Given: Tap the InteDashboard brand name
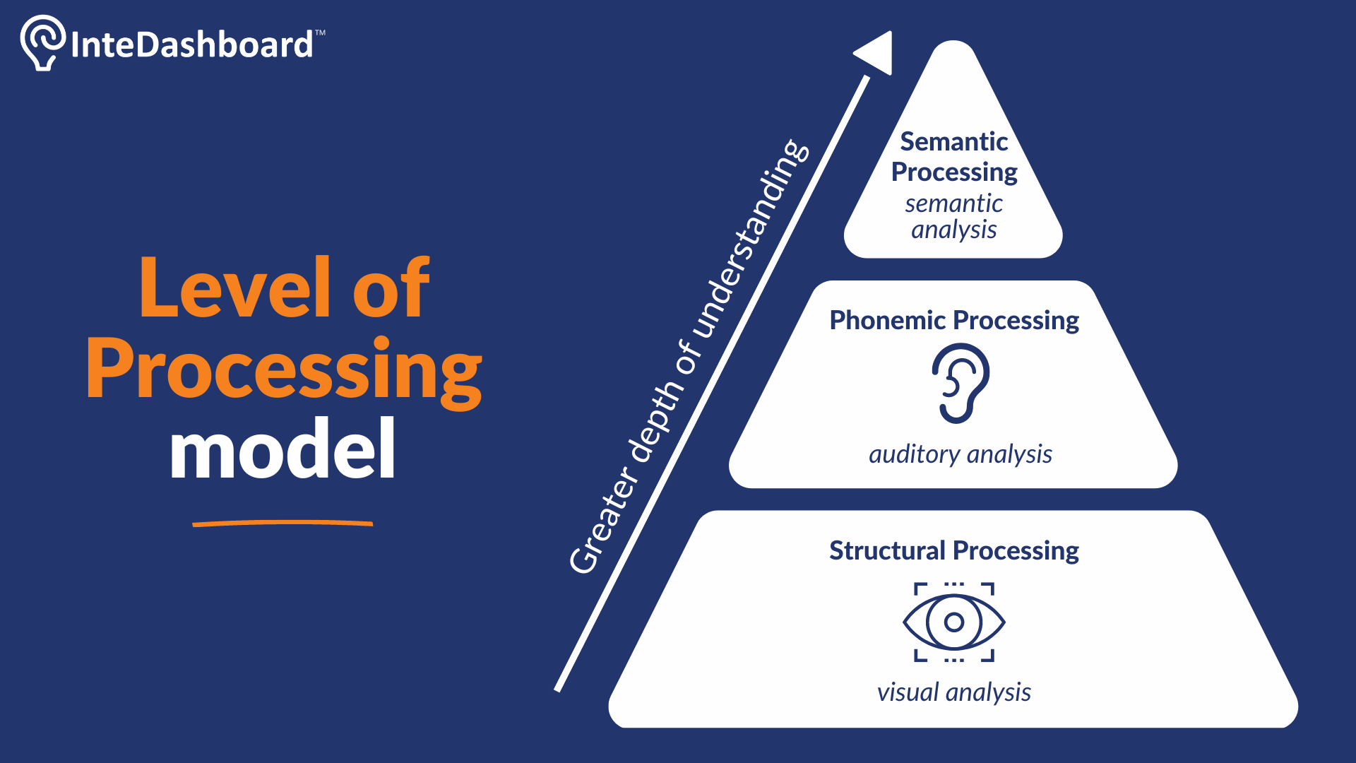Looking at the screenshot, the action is point(191,45).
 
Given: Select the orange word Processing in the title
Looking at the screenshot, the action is point(284,371).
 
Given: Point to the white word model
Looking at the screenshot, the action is point(282,448).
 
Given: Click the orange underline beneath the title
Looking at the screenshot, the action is point(282,524).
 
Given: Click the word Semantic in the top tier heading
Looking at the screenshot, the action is point(954,141).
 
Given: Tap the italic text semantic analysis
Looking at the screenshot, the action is point(954,216).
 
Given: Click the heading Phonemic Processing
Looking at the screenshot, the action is point(954,321).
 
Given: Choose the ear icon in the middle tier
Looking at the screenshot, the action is point(960,383).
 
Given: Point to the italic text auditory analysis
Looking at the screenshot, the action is point(961,454).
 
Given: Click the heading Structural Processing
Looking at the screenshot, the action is point(954,551).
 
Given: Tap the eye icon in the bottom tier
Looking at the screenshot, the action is point(954,622).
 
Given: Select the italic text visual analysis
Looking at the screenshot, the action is point(954,692).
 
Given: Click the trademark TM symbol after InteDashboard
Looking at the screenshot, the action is point(320,32).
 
